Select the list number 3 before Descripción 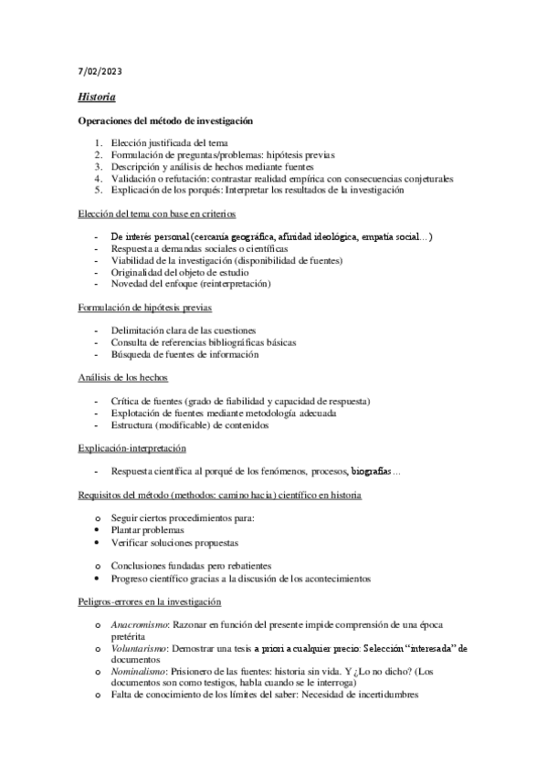point(99,167)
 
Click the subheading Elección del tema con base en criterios point(156,214)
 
